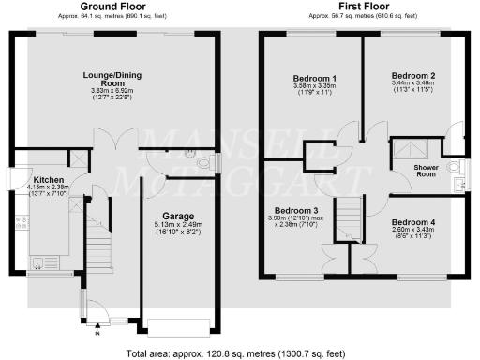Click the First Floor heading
click(x=363, y=7)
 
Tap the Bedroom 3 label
click(x=296, y=211)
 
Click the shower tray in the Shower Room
click(x=409, y=149)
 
